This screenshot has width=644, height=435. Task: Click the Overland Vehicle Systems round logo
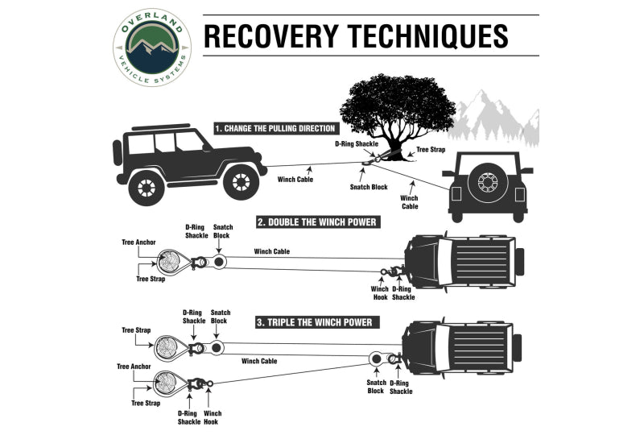pos(152,48)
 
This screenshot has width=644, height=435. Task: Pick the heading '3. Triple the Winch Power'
pos(314,322)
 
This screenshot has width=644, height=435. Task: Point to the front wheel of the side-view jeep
pos(240,183)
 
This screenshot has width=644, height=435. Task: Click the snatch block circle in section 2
pos(220,263)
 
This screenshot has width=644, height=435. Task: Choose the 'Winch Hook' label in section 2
pos(379,292)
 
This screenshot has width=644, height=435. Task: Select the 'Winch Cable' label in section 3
pos(259,361)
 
